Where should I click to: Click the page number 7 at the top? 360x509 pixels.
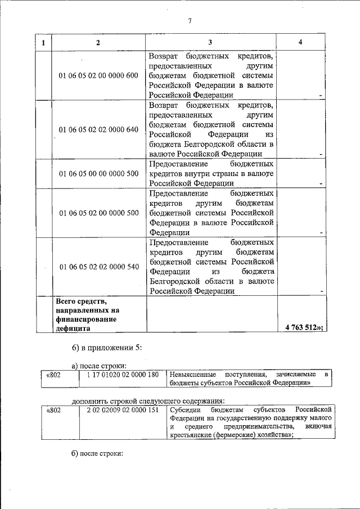(190, 21)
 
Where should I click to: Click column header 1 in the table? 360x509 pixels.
(43, 43)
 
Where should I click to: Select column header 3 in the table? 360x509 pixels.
(211, 43)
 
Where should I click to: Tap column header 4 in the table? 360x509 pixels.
(301, 43)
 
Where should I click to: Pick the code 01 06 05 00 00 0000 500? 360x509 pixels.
(98, 173)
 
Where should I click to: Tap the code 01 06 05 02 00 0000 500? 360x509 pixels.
(98, 213)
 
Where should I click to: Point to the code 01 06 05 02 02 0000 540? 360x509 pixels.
(98, 267)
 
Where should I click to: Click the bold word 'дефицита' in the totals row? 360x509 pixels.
(73, 328)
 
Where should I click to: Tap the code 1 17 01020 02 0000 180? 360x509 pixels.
(121, 375)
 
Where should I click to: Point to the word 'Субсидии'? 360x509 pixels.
(185, 411)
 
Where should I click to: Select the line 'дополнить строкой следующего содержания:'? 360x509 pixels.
(148, 401)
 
